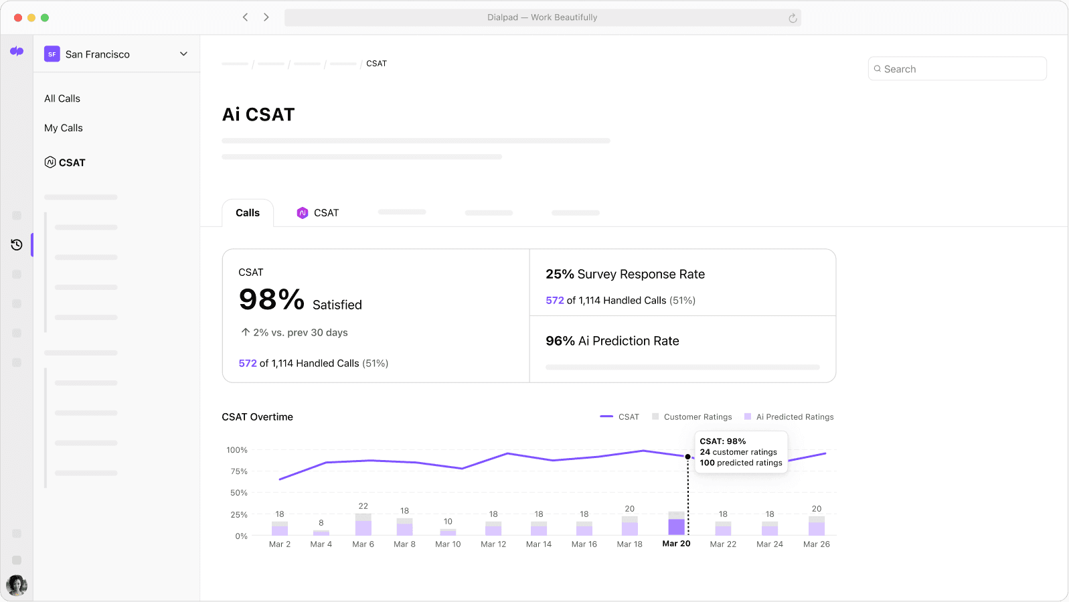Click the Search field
(957, 69)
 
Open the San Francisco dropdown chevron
(183, 54)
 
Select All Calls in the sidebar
(62, 98)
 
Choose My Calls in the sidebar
(64, 128)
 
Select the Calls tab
(248, 213)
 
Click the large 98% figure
(272, 300)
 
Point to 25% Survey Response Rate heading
(625, 275)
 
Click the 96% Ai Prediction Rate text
(612, 341)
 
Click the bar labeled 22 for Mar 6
(363, 525)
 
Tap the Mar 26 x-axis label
(816, 544)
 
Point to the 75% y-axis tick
(239, 471)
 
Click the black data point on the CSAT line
(687, 457)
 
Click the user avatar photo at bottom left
(17, 585)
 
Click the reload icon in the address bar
(793, 18)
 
